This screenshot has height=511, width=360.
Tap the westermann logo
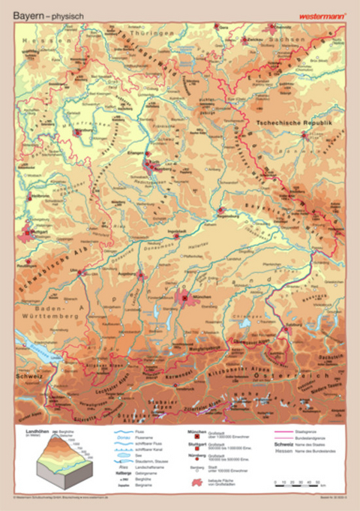tap(320, 14)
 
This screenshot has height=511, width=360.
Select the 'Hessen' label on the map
tap(46, 38)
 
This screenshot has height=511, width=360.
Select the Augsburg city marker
tap(140, 275)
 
